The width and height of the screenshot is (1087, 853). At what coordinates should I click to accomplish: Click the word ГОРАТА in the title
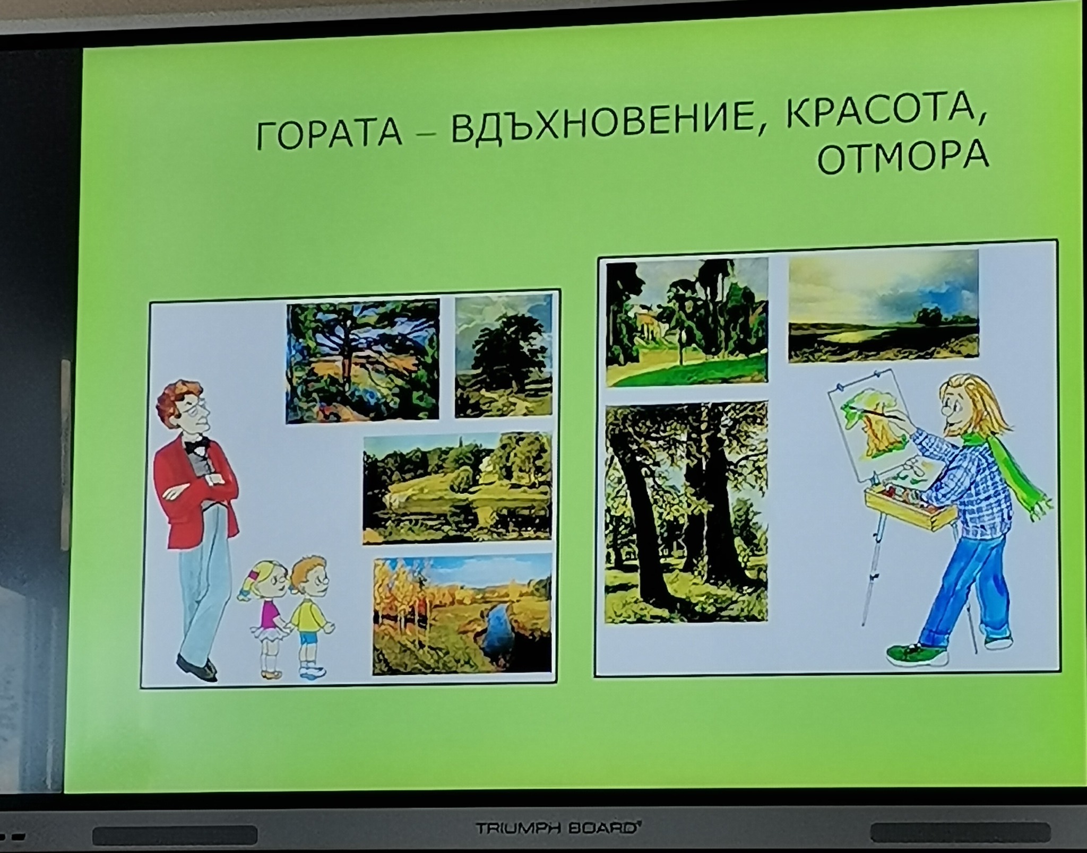point(329,134)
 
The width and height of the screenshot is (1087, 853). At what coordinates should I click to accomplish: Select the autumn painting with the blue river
point(462,615)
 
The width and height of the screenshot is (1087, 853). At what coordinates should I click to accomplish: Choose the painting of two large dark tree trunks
point(686,512)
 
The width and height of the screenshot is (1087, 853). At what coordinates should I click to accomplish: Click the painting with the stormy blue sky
point(883,306)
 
